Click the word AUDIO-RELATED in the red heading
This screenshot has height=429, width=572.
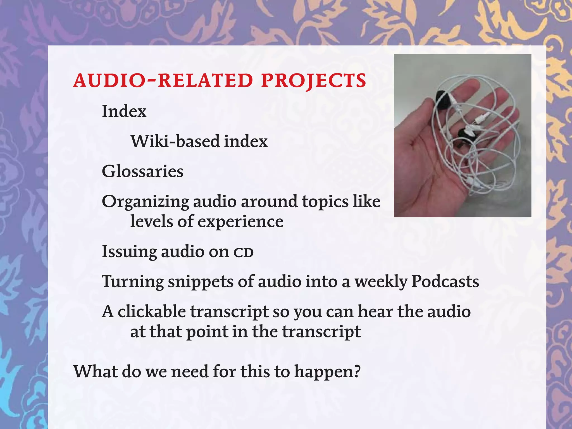click(x=163, y=81)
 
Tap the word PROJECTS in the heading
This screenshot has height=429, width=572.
click(x=313, y=81)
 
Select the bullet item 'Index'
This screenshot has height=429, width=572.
click(x=124, y=111)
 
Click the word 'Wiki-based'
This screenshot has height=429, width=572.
click(x=171, y=141)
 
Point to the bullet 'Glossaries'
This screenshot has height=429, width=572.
click(x=142, y=171)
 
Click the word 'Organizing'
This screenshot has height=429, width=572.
click(x=145, y=202)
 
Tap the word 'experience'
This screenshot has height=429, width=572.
click(x=240, y=222)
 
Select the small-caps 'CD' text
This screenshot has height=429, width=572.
click(x=243, y=252)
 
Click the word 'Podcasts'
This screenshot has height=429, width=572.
click(x=445, y=282)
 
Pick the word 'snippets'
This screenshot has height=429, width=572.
click(x=200, y=282)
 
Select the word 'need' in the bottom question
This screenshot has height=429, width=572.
click(x=190, y=371)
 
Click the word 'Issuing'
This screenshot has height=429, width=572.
click(x=129, y=251)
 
